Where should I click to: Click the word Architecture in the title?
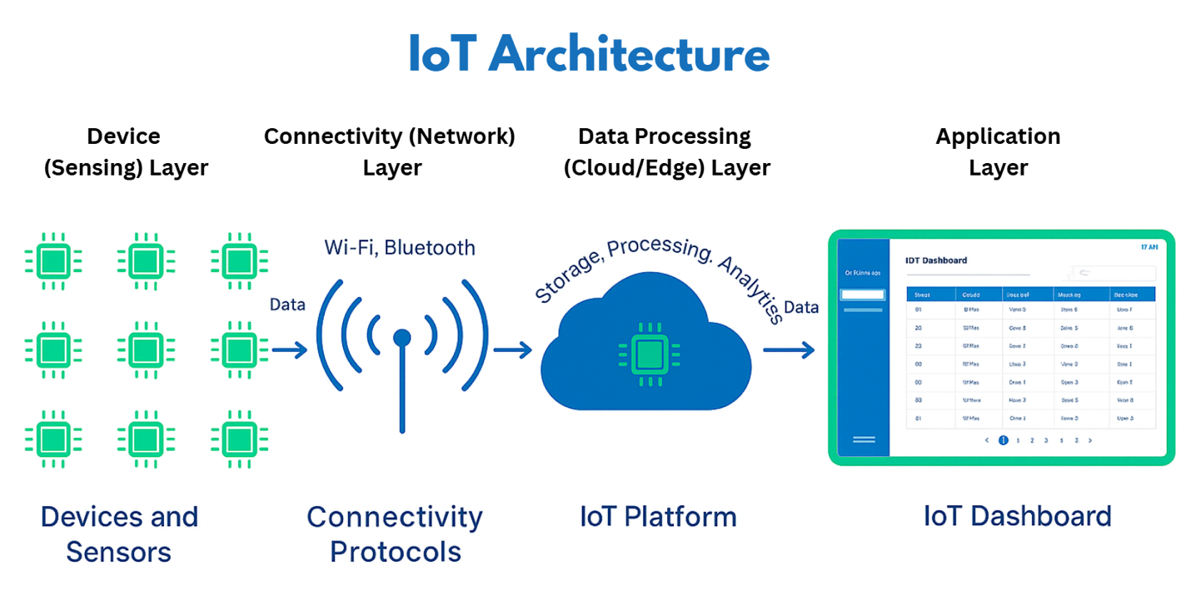pyautogui.click(x=629, y=55)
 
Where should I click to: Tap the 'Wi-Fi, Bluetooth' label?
pyautogui.click(x=400, y=247)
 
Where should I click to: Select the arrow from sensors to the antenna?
pyautogui.click(x=289, y=350)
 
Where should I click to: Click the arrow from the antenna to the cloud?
pyautogui.click(x=512, y=350)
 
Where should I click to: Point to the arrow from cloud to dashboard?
pyautogui.click(x=788, y=350)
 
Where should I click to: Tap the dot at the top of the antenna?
pyautogui.click(x=402, y=337)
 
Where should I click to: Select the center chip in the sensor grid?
pyautogui.click(x=146, y=350)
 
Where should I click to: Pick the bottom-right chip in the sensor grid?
pyautogui.click(x=239, y=438)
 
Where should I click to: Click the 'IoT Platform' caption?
pyautogui.click(x=658, y=517)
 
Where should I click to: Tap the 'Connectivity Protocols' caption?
pyautogui.click(x=395, y=534)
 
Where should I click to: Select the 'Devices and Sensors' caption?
pyautogui.click(x=119, y=534)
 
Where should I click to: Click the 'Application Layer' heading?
pyautogui.click(x=998, y=151)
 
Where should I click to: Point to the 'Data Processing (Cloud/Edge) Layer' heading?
pyautogui.click(x=666, y=151)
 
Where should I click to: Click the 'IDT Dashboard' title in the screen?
pyautogui.click(x=936, y=260)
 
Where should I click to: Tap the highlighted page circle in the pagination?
pyautogui.click(x=1003, y=440)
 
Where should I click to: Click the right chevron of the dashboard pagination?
pyautogui.click(x=1090, y=440)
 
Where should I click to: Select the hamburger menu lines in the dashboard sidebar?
pyautogui.click(x=864, y=439)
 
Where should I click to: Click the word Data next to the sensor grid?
pyautogui.click(x=287, y=305)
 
